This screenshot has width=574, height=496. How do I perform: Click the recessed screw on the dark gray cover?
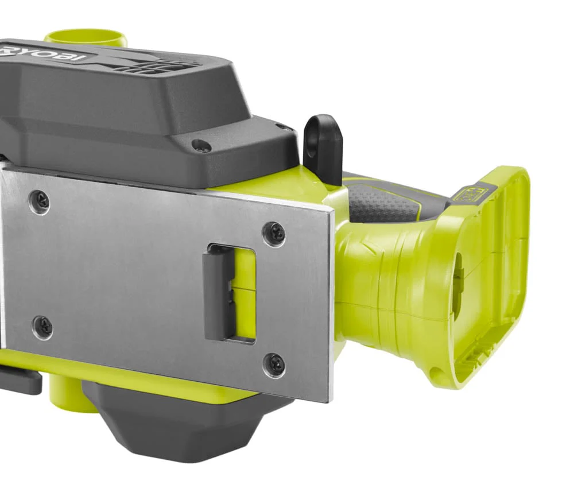(x=201, y=146)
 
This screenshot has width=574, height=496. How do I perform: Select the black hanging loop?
(x=323, y=141)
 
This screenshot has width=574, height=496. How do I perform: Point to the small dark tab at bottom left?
(x=20, y=381)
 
